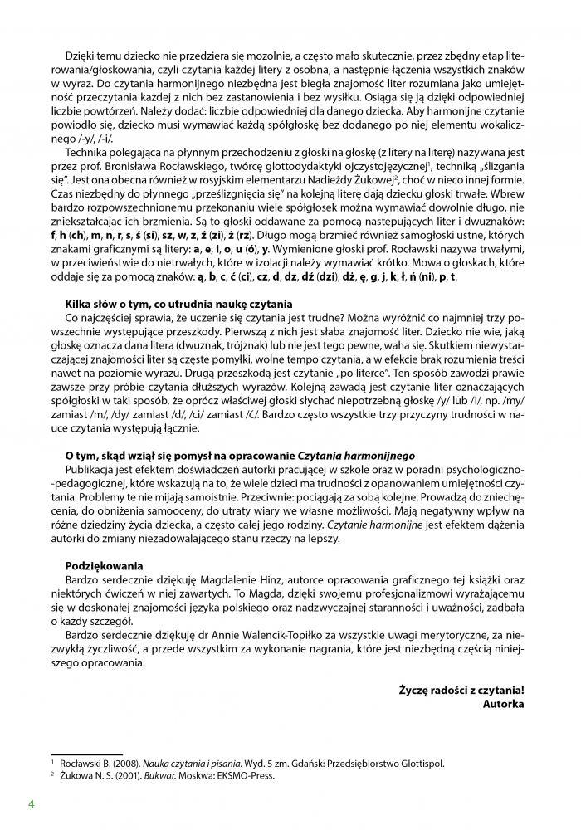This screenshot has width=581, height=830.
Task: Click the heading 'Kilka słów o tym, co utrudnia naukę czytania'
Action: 178,304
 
